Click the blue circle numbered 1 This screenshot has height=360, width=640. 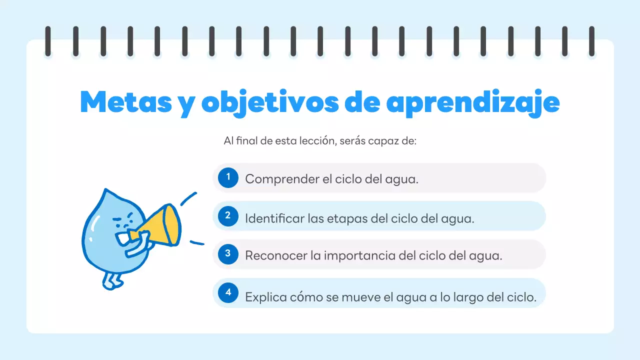coord(228,177)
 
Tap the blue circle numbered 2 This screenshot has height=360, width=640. coord(228,215)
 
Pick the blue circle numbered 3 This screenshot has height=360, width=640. coord(228,254)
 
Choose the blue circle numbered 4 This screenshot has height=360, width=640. coord(228,292)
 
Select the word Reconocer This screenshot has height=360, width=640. coord(275,256)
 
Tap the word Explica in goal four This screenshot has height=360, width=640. coord(265,297)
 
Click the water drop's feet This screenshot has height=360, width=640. coord(112,280)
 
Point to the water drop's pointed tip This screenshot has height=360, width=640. coord(105,191)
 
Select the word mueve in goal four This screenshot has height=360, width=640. coord(359,297)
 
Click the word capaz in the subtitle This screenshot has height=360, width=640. coord(382,141)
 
